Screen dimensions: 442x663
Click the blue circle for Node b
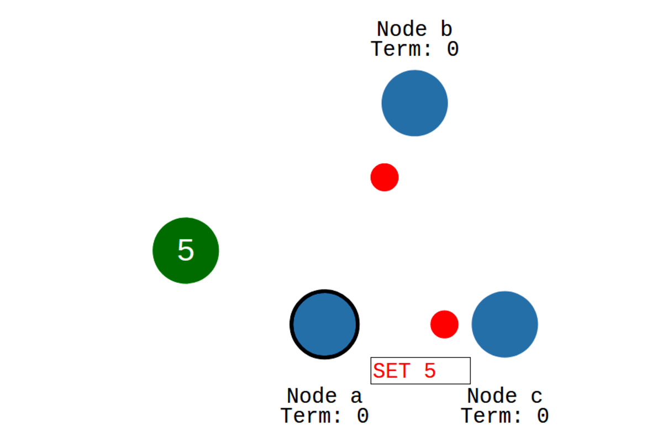point(414,103)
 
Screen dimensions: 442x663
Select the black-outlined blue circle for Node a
point(325,324)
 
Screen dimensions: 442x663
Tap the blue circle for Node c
point(504,324)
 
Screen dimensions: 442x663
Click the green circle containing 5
point(186,250)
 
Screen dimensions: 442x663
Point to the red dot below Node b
point(385,177)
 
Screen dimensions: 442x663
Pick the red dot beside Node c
point(444,324)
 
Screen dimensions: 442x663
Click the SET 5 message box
point(420,371)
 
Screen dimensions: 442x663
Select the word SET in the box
point(391,371)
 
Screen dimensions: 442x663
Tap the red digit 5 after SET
point(430,371)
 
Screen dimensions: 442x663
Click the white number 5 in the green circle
point(186,251)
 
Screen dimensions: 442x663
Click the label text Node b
point(414,29)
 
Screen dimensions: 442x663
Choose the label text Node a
point(324,396)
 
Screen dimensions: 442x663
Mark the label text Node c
point(504,396)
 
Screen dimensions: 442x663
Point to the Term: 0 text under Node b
point(414,49)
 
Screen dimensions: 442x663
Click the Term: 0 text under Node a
point(324,416)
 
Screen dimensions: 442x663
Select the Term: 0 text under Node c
point(504,416)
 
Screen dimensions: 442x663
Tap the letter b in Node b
point(446,29)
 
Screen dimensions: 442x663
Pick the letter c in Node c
point(536,397)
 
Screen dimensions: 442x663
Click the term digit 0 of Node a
point(362,416)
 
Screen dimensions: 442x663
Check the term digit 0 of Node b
point(452,49)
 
